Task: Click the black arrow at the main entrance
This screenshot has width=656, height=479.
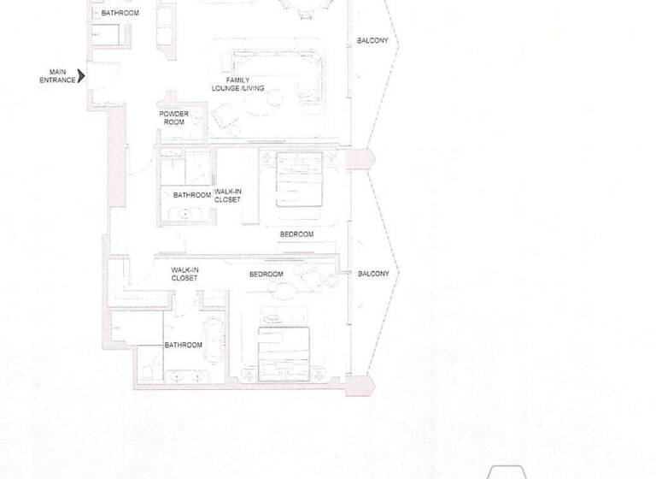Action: point(82,76)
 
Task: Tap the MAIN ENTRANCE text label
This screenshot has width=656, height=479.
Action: point(57,76)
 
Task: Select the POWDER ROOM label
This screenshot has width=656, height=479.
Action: point(174,118)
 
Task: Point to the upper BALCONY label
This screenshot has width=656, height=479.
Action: point(372,41)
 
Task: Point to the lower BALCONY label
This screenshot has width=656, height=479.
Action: point(373,274)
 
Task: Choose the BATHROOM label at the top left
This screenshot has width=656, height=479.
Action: point(120,14)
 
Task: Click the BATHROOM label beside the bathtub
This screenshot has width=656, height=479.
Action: point(183,345)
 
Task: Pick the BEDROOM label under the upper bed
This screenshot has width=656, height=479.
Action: point(296,234)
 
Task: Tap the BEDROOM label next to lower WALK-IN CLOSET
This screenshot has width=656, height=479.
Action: point(266,275)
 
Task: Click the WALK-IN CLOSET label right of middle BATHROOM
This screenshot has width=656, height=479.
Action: point(227,196)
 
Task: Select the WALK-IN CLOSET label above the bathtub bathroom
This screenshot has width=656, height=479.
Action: point(184,274)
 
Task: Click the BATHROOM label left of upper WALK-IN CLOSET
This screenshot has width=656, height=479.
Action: point(191,195)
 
